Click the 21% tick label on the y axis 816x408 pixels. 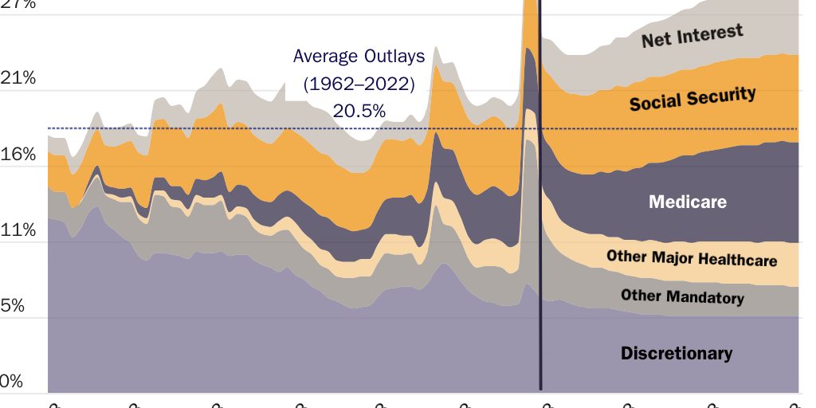click(x=18, y=78)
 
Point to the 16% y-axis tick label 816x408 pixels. click(x=18, y=154)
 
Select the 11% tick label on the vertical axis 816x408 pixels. click(x=18, y=230)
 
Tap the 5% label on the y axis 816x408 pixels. click(x=14, y=306)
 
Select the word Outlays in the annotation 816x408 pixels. click(x=394, y=57)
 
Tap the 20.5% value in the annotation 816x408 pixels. click(x=359, y=111)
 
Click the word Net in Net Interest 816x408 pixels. click(x=657, y=38)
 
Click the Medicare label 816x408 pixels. click(x=688, y=202)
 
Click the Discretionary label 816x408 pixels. click(x=676, y=353)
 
